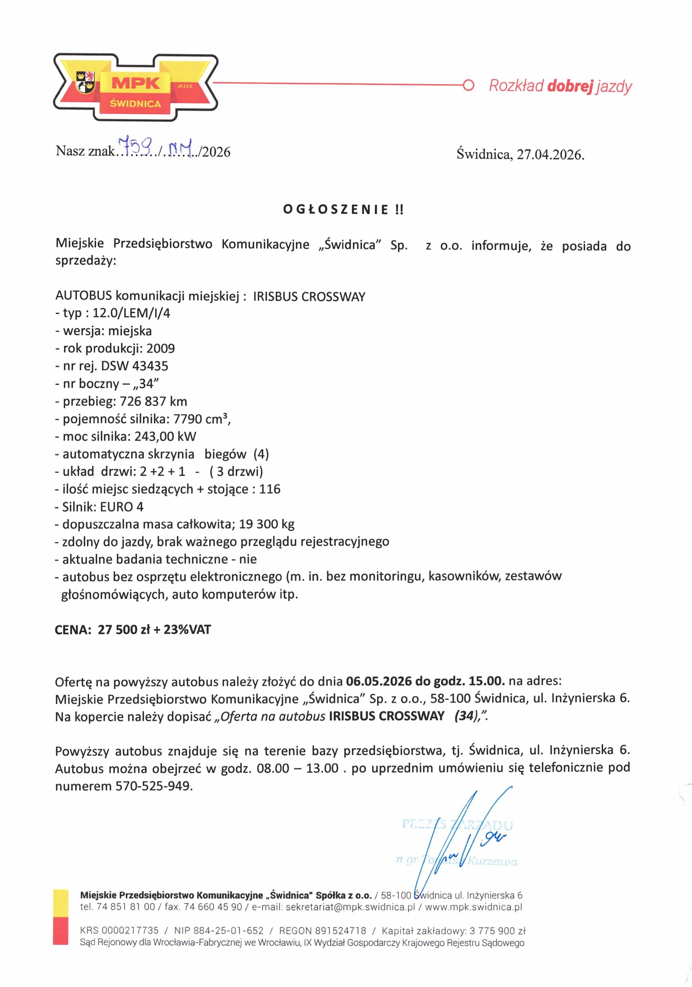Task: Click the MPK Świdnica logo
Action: (135, 87)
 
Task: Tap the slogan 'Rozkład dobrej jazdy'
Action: (560, 86)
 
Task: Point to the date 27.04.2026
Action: (550, 154)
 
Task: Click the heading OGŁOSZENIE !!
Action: (343, 210)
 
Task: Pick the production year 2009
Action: (160, 348)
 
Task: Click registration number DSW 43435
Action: (135, 366)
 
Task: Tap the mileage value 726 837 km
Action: (154, 401)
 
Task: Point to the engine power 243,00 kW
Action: (165, 437)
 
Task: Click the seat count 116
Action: (270, 489)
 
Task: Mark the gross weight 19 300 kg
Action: (270, 524)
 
